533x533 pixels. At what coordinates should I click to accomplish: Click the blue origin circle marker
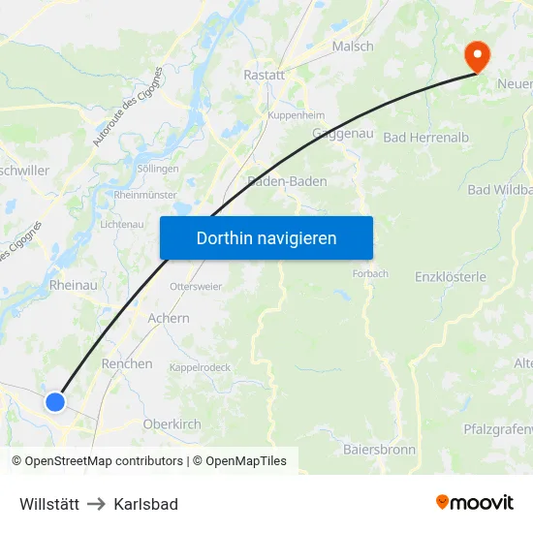coord(55,401)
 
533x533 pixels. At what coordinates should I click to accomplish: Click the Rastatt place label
coord(265,75)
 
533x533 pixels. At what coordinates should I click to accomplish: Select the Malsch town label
coord(352,46)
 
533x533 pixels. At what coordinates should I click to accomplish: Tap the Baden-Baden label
coord(288,181)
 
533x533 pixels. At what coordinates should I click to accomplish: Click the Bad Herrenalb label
coord(426,138)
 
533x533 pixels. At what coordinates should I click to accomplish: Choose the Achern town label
coord(169,318)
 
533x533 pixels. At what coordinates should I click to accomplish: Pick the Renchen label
coord(127,363)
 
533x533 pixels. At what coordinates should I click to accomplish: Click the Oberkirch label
coord(172,423)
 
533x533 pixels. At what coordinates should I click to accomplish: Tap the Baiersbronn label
coord(379,450)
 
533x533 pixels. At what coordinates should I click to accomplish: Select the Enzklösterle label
coord(450,276)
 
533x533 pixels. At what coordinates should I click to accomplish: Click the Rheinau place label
coord(73,285)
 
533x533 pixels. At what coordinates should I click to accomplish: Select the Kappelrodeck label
coord(199,368)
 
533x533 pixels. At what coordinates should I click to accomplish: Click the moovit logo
coord(475,503)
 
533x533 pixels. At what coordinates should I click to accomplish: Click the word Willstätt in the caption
coord(49,504)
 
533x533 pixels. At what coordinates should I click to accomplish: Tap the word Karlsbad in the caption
coord(145,504)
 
